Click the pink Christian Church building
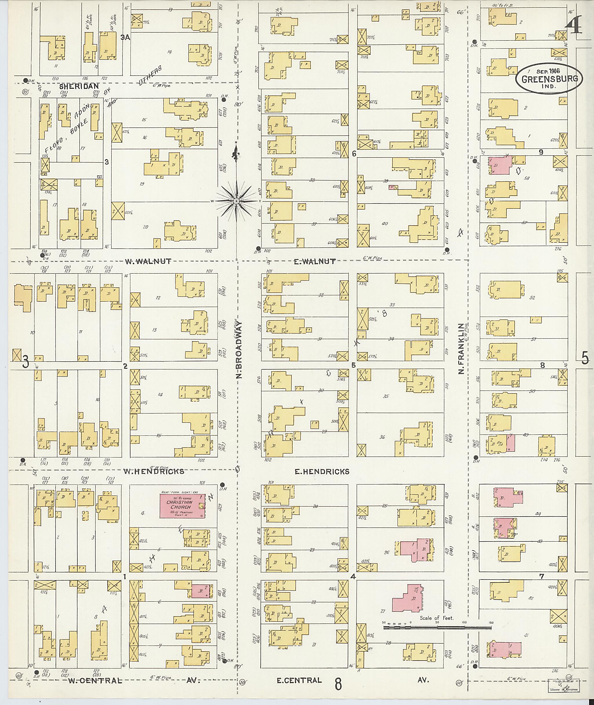pos(182,506)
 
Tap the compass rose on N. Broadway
pos(236,201)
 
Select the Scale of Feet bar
pos(437,628)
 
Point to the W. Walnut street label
pos(148,261)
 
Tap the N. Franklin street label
pos(461,349)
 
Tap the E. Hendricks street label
pos(322,471)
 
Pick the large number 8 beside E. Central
pos(338,684)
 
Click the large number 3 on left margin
pos(26,363)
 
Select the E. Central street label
pos(299,680)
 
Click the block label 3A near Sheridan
pos(125,38)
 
